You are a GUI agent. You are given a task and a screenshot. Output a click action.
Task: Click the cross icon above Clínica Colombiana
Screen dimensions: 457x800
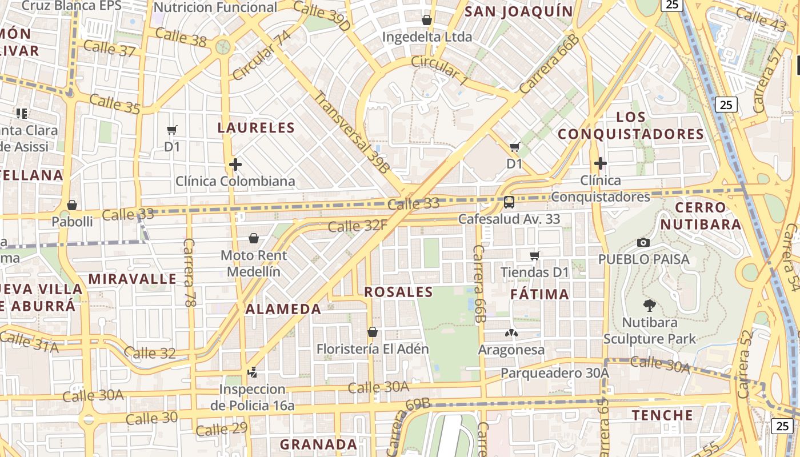[x=235, y=165]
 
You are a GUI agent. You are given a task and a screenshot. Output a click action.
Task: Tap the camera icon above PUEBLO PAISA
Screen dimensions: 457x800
[x=643, y=242]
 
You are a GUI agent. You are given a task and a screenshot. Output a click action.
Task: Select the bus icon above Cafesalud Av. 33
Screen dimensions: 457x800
[x=509, y=202]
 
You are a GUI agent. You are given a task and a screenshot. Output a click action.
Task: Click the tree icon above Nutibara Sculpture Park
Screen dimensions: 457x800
[x=649, y=305]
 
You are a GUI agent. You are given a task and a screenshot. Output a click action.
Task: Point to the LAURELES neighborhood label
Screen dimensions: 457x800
[x=256, y=127]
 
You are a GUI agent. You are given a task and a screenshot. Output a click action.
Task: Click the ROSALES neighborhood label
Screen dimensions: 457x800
[x=399, y=292]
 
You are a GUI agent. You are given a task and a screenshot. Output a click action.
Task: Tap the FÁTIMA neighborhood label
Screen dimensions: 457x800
[x=539, y=294]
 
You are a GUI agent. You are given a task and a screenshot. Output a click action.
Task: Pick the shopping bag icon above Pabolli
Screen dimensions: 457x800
[x=72, y=205]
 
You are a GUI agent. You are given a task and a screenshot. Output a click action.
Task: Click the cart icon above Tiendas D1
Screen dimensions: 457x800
[x=535, y=255]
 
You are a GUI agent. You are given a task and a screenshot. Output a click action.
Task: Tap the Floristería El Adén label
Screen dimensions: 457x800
[x=373, y=348]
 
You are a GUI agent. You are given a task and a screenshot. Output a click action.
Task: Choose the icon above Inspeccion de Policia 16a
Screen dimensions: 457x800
[x=252, y=373]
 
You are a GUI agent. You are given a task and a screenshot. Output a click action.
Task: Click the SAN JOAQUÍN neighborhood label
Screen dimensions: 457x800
[x=518, y=11]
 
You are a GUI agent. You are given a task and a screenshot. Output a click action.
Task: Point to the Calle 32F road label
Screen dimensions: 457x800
[x=358, y=226]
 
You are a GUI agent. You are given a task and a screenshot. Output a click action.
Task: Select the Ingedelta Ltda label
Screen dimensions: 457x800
[x=427, y=37]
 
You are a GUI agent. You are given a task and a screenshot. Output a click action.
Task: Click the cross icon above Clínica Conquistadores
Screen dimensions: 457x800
[x=600, y=164]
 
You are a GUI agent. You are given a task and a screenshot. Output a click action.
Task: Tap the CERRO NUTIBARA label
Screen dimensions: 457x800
[x=701, y=215]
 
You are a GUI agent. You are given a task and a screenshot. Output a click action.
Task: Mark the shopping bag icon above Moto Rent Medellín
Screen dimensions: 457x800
[x=254, y=238]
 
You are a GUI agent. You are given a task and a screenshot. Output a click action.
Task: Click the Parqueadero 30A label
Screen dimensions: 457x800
[x=555, y=373]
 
